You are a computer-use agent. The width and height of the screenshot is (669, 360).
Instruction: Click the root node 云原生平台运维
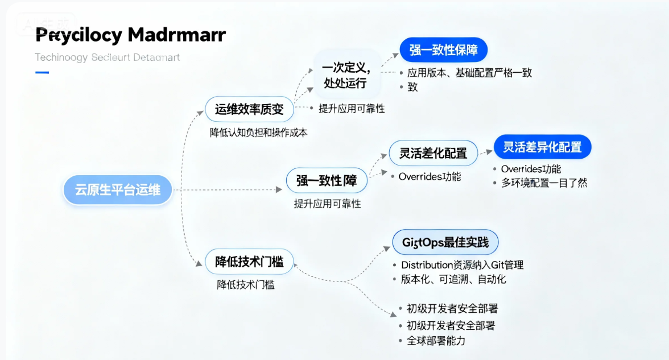118,190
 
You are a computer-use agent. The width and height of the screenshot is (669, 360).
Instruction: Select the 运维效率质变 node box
249,109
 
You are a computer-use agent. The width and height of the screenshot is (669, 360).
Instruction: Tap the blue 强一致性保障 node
444,49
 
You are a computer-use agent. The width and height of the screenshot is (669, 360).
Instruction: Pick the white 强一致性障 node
327,181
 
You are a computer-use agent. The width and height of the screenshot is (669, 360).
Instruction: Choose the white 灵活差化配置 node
433,153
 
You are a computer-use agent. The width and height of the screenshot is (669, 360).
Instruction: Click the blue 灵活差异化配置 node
542,147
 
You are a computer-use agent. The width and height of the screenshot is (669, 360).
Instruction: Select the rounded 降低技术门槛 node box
249,262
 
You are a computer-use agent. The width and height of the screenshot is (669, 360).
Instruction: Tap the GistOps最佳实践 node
445,243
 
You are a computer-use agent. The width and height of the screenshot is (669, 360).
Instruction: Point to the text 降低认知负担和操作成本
259,133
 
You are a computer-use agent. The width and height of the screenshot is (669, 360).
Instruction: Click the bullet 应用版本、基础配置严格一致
469,73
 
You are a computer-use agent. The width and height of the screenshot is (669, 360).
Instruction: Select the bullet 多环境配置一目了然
544,183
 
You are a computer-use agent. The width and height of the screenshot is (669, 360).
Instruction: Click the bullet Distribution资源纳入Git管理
462,265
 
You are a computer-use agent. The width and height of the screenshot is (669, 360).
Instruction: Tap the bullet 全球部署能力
436,341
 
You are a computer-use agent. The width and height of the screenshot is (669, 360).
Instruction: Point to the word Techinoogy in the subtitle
61,57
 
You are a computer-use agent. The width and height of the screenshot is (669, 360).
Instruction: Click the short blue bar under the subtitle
42,72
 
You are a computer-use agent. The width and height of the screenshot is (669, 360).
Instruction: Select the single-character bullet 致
412,87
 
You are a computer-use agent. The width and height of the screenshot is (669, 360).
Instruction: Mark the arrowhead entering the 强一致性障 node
281,190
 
